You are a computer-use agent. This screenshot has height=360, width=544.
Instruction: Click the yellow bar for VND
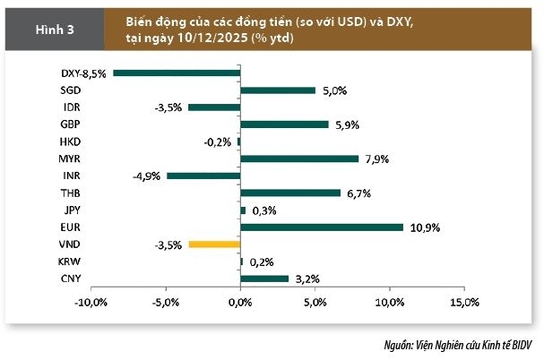[x=214, y=244]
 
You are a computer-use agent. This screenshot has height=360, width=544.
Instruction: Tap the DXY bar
[x=177, y=73]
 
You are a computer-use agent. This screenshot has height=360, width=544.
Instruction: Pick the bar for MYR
[x=299, y=159]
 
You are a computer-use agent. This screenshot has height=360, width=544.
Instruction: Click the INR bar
[x=203, y=176]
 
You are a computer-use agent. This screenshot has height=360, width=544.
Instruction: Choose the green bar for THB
[x=290, y=193]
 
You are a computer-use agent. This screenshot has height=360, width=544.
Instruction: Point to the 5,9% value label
[x=347, y=124]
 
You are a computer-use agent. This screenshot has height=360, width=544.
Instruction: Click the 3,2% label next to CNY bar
[x=307, y=279]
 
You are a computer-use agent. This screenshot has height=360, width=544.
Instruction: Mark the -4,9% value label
[x=146, y=176]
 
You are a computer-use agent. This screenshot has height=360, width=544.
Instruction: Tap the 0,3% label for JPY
[x=263, y=210]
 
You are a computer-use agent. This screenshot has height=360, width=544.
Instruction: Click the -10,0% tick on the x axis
[x=91, y=303]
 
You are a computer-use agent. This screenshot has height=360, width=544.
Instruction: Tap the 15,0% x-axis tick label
[x=464, y=303]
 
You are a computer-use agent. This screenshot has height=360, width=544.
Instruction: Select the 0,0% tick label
[x=240, y=303]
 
